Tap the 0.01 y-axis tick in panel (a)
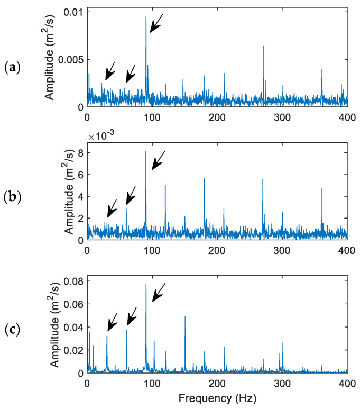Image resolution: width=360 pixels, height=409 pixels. tap(75, 11)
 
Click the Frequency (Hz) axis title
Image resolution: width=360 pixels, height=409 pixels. tap(217, 397)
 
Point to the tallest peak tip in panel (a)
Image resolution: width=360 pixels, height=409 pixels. tap(146, 16)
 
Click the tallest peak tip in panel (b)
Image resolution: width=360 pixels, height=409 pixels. tap(146, 152)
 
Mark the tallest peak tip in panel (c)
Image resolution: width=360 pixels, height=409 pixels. tap(146, 285)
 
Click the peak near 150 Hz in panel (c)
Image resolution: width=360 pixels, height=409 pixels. tap(185, 316)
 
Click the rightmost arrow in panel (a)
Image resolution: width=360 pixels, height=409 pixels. tap(156, 23)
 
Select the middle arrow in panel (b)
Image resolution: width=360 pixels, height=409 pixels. tap(131, 195)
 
